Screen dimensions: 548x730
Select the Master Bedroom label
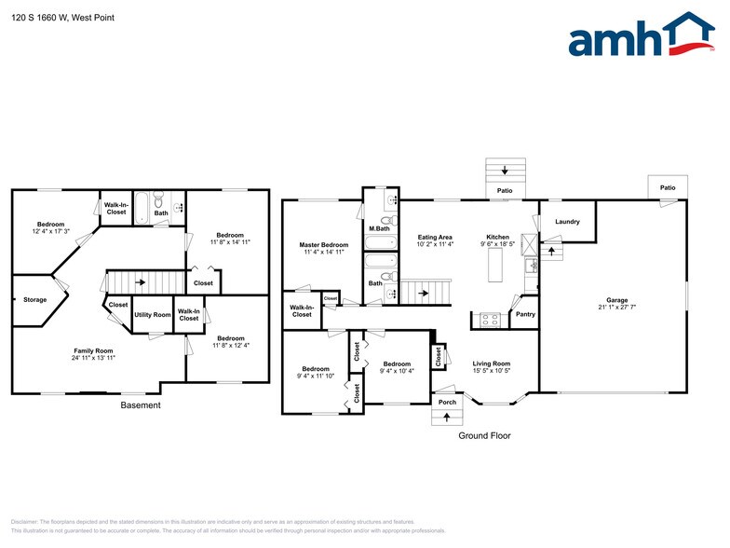[x=323, y=243]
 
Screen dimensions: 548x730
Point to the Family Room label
[x=94, y=350]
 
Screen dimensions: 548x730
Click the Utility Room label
[x=153, y=315]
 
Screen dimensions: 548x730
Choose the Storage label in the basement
[x=35, y=300]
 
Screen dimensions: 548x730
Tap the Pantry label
[x=525, y=314]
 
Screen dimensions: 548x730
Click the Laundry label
[x=567, y=222]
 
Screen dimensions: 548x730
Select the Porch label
[x=447, y=402]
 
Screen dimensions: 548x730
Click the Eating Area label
[x=435, y=237]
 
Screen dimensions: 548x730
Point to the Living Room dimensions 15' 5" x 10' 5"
[x=491, y=371]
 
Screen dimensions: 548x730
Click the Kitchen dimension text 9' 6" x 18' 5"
[x=498, y=245]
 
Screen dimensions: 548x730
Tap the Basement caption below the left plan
[x=141, y=405]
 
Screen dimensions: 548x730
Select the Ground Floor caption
[x=484, y=435]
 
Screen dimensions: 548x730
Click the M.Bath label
[x=378, y=228]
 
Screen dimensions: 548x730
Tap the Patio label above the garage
[x=667, y=188]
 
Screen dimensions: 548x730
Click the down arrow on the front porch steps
[x=447, y=416]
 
